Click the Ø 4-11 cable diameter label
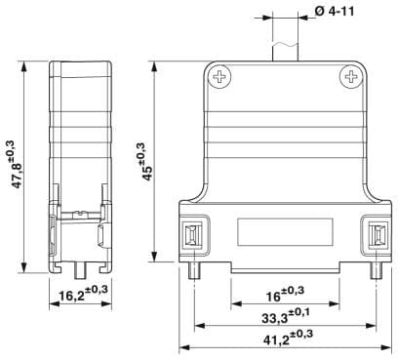[x=335, y=12]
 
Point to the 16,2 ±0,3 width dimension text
[x=83, y=293]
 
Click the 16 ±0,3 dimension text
[x=285, y=294]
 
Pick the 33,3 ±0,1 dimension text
[x=286, y=316]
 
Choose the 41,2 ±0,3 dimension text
[x=288, y=338]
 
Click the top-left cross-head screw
[x=220, y=77]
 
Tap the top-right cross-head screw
[x=351, y=77]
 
